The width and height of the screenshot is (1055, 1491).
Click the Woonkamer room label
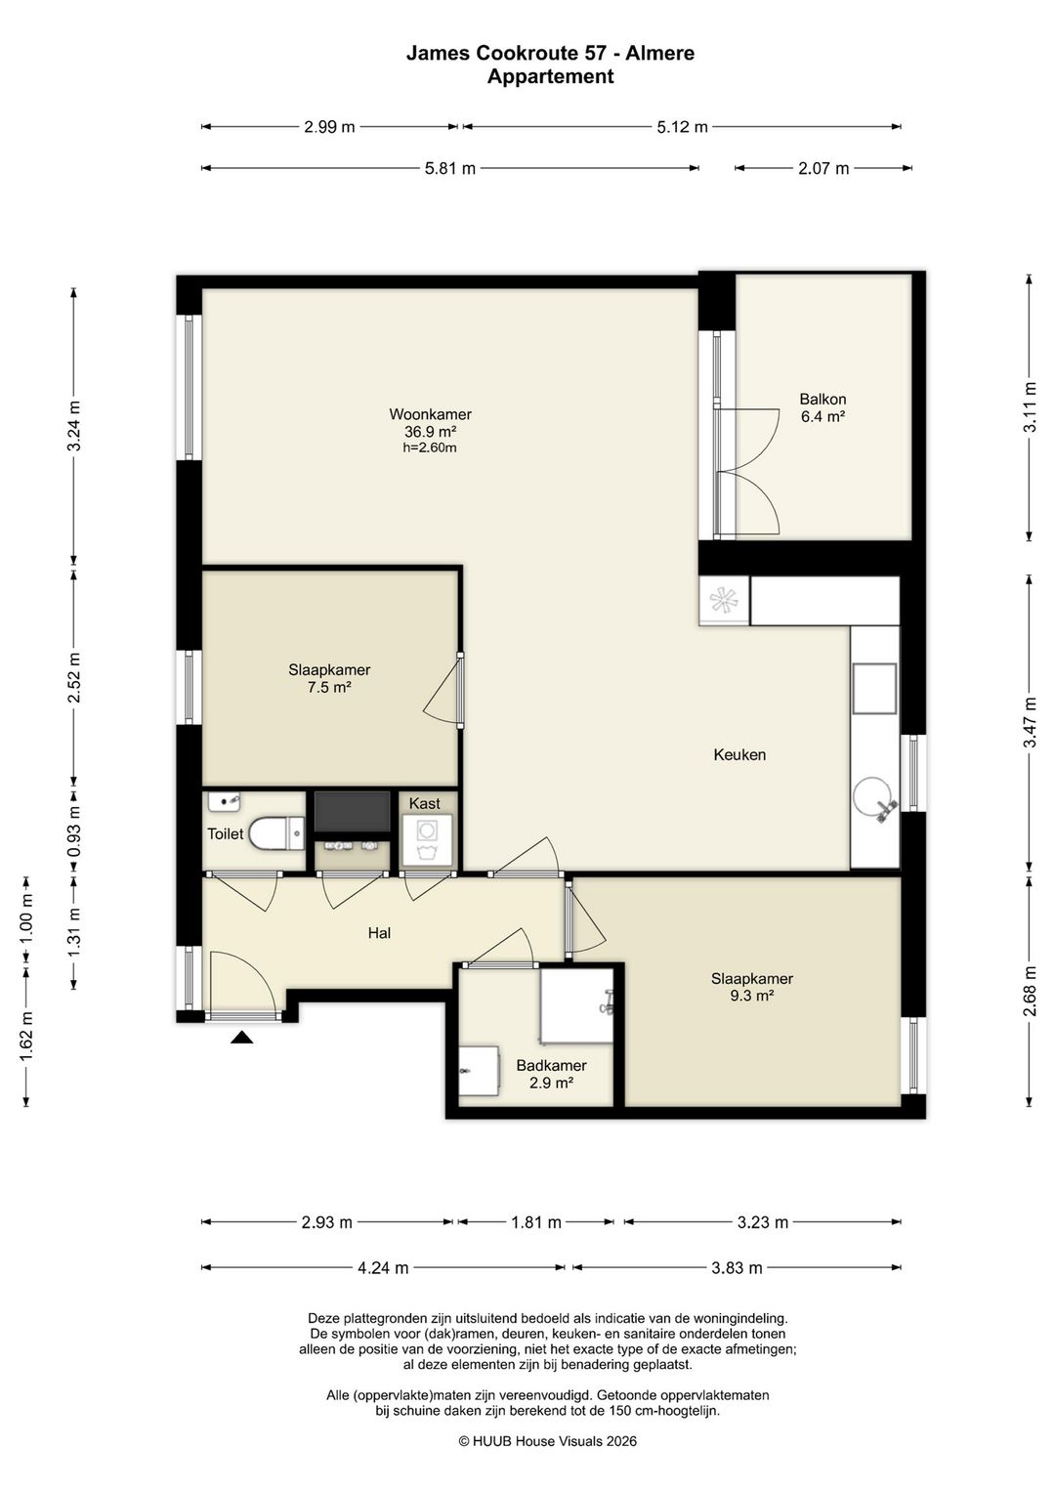coord(430,414)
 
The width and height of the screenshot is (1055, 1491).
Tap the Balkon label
coord(823,400)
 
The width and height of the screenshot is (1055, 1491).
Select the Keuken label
coord(739,755)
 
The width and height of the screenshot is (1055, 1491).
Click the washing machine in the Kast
coord(426,839)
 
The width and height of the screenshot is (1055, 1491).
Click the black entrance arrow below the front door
coord(242,1037)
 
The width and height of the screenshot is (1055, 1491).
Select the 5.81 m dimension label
coord(450,168)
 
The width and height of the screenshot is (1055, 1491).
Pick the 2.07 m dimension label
coord(823,168)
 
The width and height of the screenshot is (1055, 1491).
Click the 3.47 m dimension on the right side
coord(1030,722)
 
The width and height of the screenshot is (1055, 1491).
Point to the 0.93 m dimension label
coord(74,831)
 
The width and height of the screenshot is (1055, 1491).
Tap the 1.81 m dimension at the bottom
coord(536,1222)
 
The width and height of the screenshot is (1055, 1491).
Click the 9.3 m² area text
coord(751,996)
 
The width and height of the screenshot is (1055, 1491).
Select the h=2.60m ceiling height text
coord(430,447)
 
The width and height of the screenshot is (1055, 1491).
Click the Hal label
coord(379,933)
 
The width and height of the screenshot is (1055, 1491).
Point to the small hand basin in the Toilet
coord(224,801)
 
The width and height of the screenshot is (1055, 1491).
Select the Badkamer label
coord(552,1066)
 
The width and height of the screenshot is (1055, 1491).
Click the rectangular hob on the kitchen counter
coord(874,689)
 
